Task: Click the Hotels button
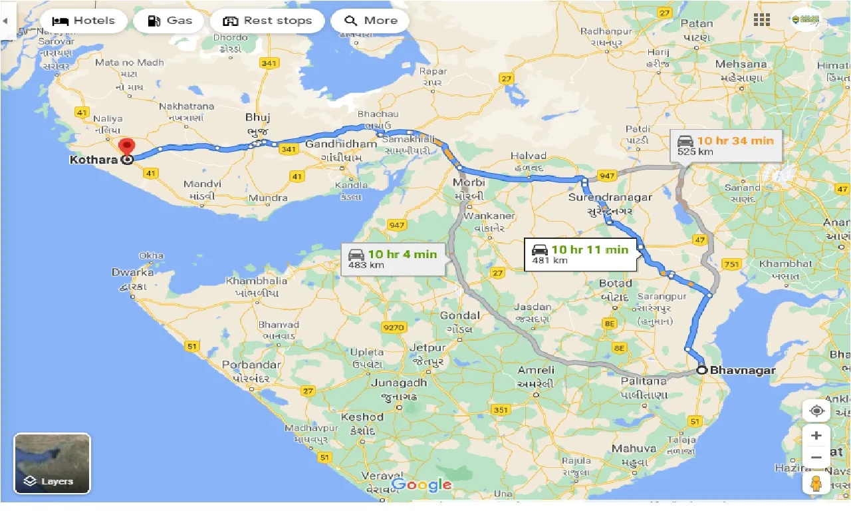pyautogui.click(x=83, y=21)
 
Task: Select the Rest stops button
pyautogui.click(x=267, y=21)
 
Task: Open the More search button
pyautogui.click(x=370, y=21)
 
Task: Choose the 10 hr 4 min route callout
pyautogui.click(x=393, y=259)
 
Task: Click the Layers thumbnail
pyautogui.click(x=52, y=463)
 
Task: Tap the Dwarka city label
pyautogui.click(x=132, y=272)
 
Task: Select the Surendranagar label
pyautogui.click(x=610, y=198)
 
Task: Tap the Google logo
pyautogui.click(x=422, y=485)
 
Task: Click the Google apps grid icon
pyautogui.click(x=762, y=20)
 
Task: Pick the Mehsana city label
pyautogui.click(x=741, y=65)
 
